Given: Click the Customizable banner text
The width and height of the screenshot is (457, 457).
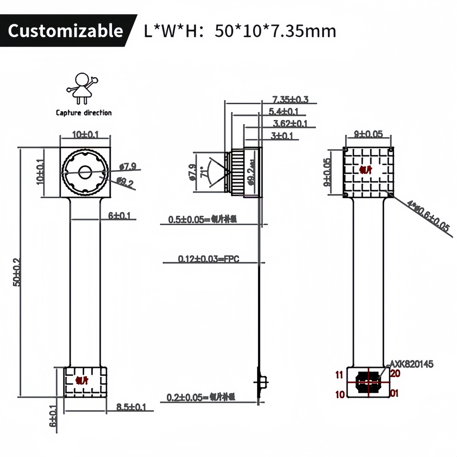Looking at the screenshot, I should click(x=65, y=31).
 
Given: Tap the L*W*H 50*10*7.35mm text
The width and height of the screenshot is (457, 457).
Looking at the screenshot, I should click(x=240, y=31).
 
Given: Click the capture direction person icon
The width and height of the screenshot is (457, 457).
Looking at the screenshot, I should click(x=82, y=88).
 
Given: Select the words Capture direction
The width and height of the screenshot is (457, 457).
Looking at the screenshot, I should click(x=84, y=113).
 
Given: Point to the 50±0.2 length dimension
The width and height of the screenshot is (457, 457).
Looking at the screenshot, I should click(x=17, y=272).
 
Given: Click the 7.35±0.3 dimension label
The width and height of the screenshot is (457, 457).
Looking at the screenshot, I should click(x=290, y=100).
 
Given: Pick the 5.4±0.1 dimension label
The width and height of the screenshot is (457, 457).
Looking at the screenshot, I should click(x=283, y=112).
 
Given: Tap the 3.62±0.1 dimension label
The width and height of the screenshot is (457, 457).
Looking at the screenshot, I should click(x=290, y=123).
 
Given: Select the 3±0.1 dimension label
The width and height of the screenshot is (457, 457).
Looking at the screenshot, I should click(x=281, y=136).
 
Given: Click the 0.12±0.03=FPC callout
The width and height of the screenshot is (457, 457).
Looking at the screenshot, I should click(x=209, y=259).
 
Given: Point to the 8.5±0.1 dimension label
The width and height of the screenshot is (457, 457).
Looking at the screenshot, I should click(x=131, y=407).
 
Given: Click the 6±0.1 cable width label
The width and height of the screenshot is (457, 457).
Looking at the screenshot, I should click(x=119, y=216).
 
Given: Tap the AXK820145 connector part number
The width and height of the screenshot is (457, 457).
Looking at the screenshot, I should click(x=411, y=364).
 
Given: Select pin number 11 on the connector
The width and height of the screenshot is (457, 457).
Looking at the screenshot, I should click(x=339, y=375).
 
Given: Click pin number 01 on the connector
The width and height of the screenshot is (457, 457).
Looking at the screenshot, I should click(x=394, y=394).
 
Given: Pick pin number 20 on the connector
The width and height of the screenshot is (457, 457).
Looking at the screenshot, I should click(x=395, y=374).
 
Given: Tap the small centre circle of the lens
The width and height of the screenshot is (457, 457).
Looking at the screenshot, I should click(x=85, y=172).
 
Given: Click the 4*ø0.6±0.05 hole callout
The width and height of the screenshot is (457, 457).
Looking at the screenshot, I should click(x=428, y=216).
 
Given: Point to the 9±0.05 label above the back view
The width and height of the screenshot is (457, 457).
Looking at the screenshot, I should click(x=368, y=134).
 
